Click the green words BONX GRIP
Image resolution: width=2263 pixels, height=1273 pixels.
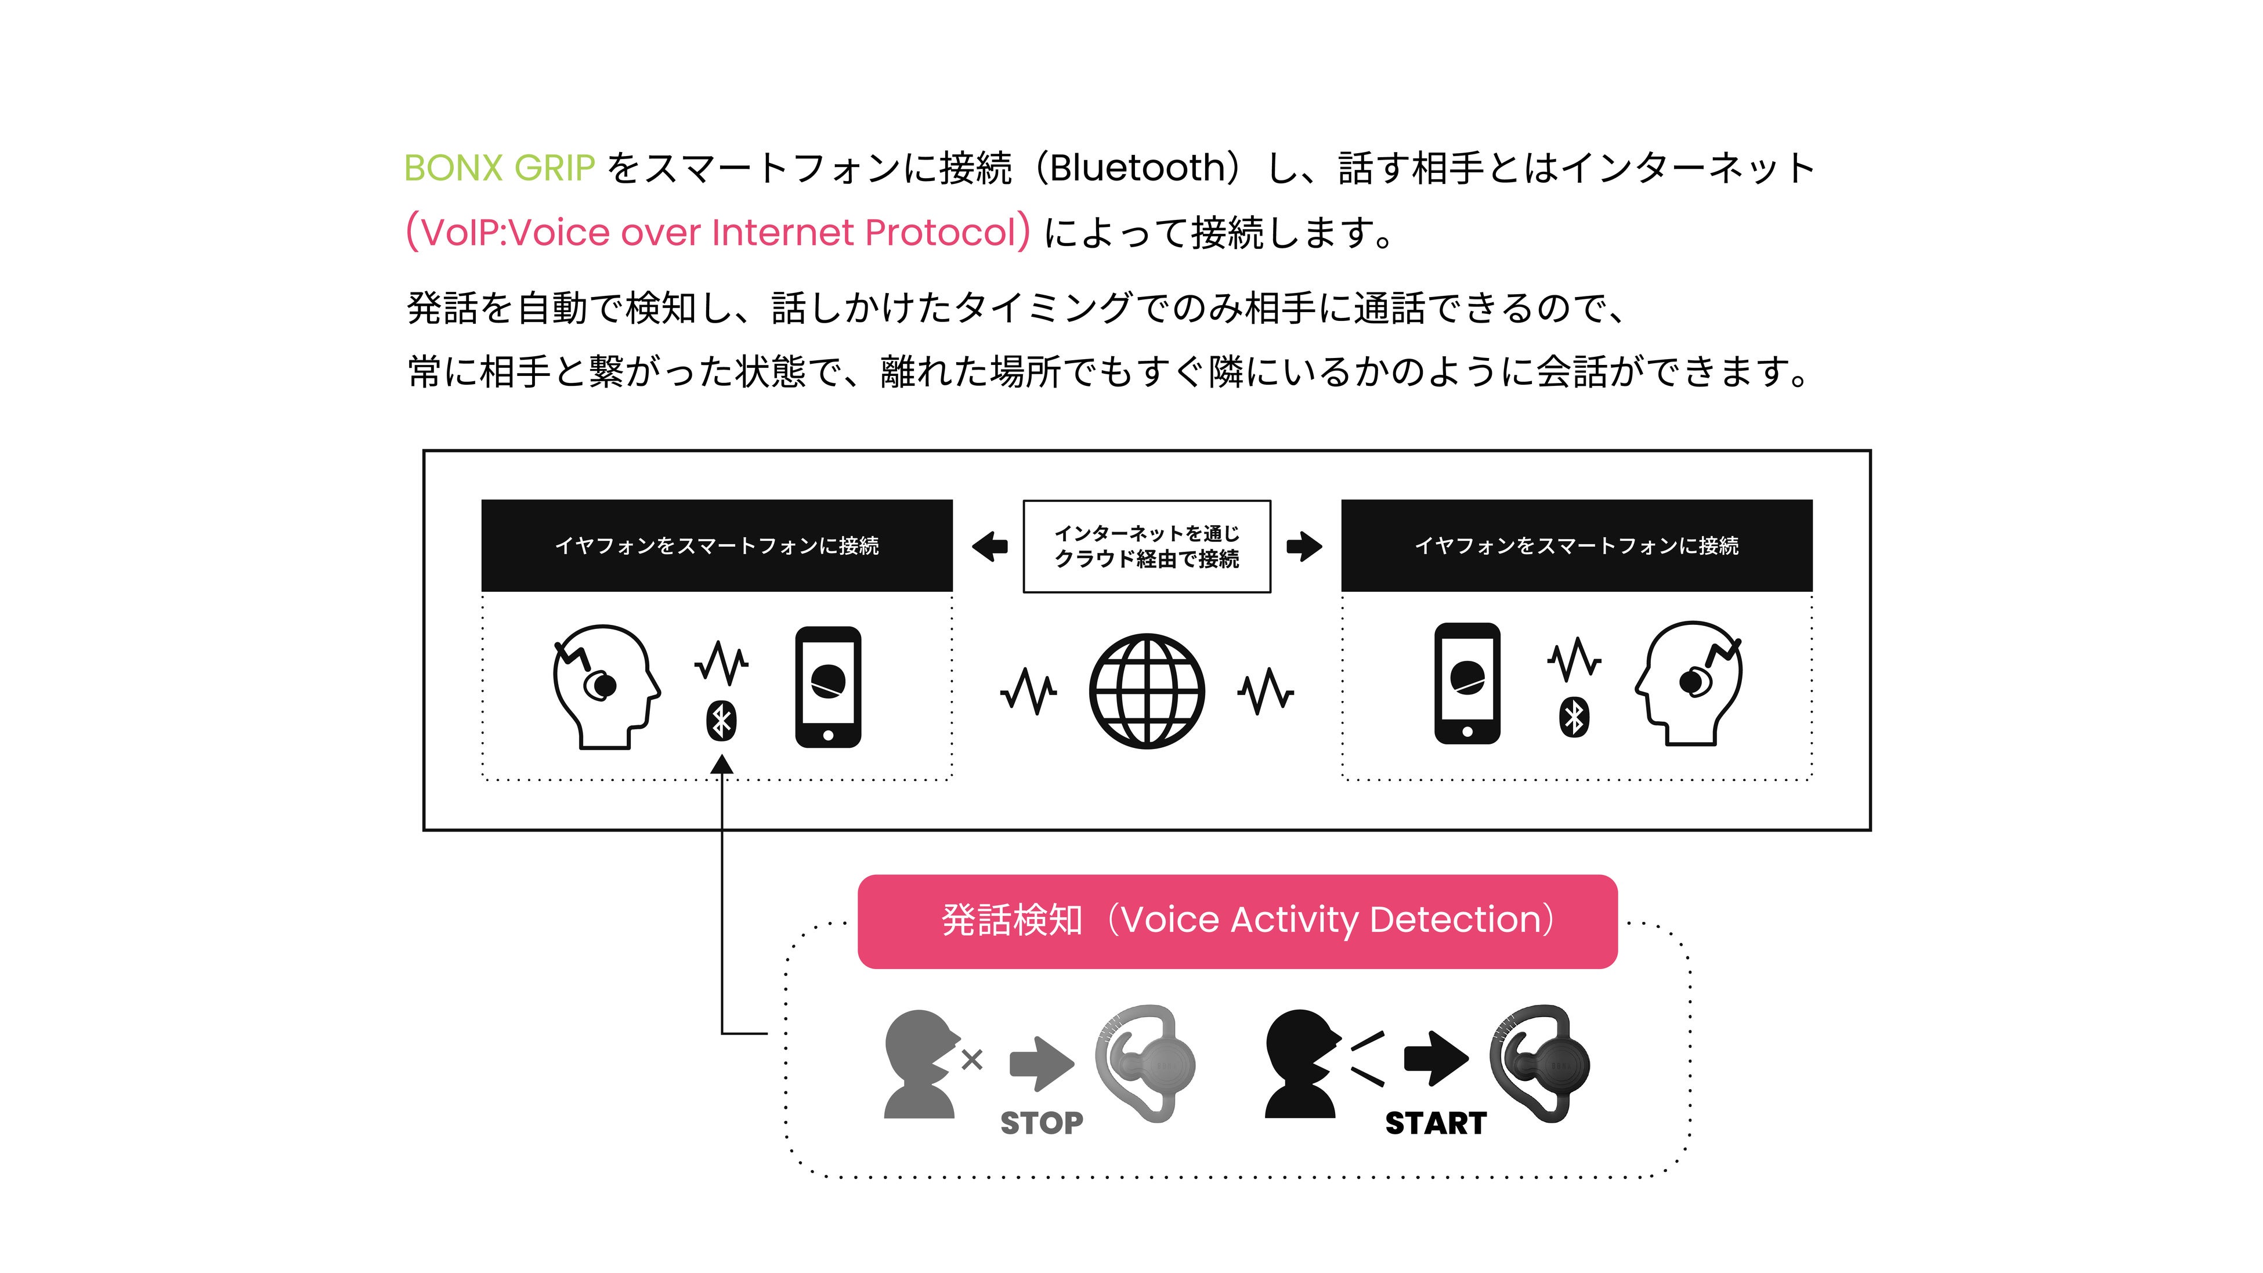pos(499,168)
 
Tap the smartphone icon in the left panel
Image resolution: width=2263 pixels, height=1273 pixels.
pos(827,687)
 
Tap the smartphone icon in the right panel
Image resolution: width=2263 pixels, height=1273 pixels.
pos(1467,683)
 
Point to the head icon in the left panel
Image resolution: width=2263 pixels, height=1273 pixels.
pos(605,685)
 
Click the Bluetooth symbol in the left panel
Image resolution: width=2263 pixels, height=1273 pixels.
pos(721,722)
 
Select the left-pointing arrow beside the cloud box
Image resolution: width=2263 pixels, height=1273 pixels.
pos(990,547)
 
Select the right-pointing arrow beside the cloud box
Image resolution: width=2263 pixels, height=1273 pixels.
pos(1304,547)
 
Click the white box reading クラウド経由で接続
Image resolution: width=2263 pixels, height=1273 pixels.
pos(1147,547)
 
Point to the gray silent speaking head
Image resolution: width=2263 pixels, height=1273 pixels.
pos(919,1063)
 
